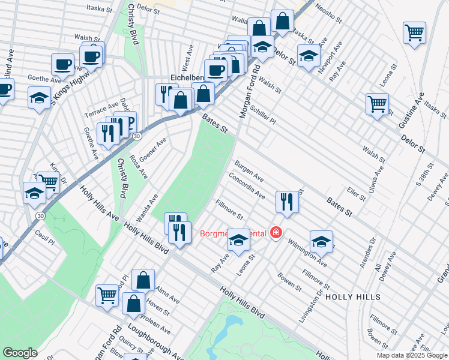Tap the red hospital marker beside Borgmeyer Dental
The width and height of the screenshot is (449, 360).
click(x=276, y=232)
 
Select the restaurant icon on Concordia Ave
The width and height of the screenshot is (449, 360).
click(x=287, y=202)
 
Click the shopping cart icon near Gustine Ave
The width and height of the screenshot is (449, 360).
click(x=377, y=104)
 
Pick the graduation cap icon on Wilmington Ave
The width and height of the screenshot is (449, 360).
click(x=322, y=241)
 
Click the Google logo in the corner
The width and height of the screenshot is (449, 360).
click(x=20, y=353)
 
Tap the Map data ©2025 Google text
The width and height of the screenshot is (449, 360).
click(x=412, y=355)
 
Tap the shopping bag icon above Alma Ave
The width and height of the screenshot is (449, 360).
click(x=144, y=280)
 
